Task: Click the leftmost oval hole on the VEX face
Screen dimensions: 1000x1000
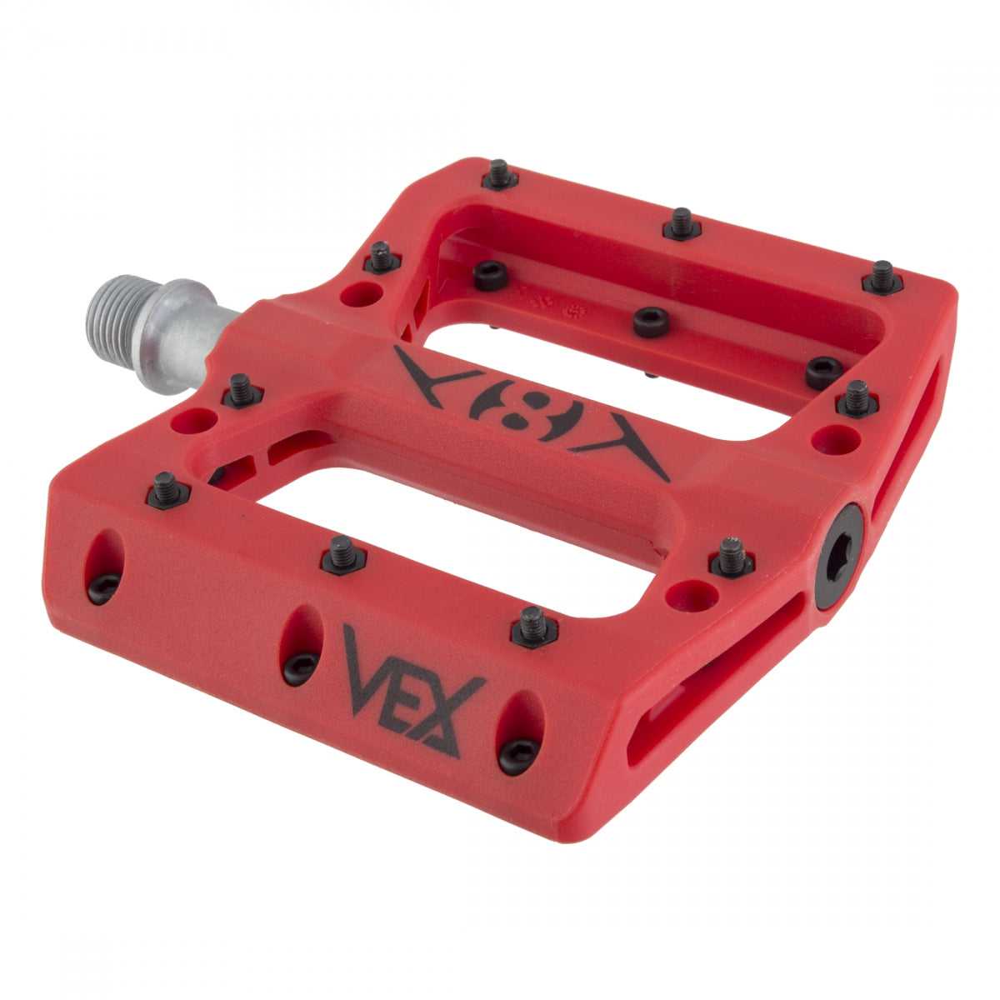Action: coord(104,567)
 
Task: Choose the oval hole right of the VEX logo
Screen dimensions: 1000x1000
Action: coord(519,732)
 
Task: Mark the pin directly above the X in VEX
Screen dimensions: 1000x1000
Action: coord(534,627)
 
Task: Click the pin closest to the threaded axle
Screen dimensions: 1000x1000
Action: coord(242,390)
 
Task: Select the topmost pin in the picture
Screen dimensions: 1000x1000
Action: coord(499,174)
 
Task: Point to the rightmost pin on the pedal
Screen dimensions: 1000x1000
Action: coord(882,277)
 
